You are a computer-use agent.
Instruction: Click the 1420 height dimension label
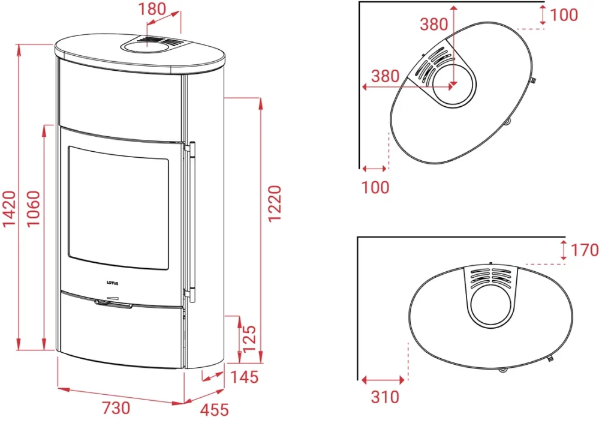(10, 208)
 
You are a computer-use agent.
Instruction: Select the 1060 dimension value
(34, 208)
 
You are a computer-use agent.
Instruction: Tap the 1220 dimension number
(275, 204)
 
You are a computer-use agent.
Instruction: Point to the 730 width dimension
(116, 408)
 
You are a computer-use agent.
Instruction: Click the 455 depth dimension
(214, 410)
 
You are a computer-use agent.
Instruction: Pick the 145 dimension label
(245, 377)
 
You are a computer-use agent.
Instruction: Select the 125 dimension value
(249, 339)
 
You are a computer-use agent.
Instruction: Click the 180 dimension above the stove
(152, 8)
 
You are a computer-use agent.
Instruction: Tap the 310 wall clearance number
(386, 397)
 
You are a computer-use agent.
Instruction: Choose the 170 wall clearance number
(585, 250)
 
